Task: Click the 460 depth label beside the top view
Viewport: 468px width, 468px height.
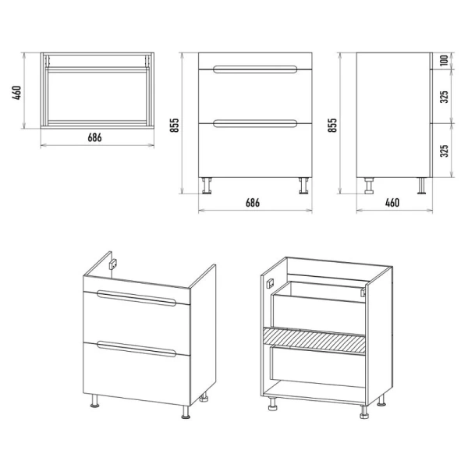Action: pos(16,93)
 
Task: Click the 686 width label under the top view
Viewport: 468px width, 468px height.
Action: pos(94,137)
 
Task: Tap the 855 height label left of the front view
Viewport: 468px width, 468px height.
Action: pos(174,125)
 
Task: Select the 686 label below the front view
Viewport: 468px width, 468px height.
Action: pos(253,203)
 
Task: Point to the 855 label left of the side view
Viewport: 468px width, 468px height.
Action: pos(332,125)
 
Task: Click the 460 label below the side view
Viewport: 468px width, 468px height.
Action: pos(392,203)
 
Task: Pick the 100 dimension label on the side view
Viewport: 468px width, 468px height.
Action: pos(444,61)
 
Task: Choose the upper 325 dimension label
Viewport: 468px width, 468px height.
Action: pos(444,97)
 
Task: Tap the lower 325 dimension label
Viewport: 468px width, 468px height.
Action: pos(444,151)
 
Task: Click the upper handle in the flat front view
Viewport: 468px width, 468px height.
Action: pos(255,69)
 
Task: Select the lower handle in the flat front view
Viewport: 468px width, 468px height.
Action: pos(255,123)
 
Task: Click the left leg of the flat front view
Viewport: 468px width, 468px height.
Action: pos(206,186)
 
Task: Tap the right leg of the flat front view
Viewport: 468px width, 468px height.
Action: pos(304,186)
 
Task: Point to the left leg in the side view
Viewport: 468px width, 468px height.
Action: pos(369,186)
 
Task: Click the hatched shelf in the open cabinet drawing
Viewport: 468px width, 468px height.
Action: pos(314,341)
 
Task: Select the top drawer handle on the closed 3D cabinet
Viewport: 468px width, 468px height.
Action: pos(136,298)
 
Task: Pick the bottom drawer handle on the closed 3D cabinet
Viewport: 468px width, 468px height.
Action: pos(136,349)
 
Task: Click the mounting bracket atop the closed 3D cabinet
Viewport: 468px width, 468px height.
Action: pos(113,264)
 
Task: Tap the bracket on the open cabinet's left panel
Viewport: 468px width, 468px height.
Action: pos(270,282)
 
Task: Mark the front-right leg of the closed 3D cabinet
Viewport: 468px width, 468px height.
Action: pos(186,412)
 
